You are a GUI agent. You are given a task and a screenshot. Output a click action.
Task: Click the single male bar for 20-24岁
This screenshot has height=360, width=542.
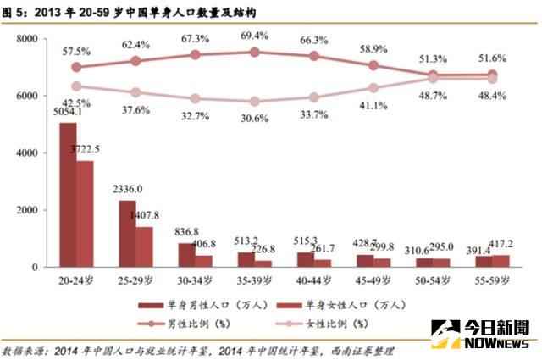pyautogui.click(x=68, y=195)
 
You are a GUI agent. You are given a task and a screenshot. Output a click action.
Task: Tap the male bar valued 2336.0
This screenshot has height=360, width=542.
pyautogui.click(x=126, y=233)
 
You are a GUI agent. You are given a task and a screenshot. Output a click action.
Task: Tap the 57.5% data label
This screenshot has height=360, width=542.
pyautogui.click(x=76, y=51)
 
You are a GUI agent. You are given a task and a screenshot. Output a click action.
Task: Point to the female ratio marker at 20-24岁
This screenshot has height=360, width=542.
pyautogui.click(x=76, y=86)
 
